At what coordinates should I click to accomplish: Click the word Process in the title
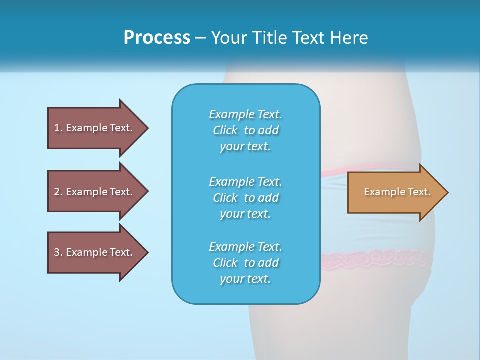coord(157,38)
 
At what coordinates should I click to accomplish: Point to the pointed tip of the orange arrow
coord(447,192)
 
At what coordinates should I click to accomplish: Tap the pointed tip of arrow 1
coord(147,128)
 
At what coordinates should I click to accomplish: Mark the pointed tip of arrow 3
coord(147,252)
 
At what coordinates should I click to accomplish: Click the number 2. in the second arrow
coord(58,192)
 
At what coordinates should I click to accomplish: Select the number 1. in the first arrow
coord(58,128)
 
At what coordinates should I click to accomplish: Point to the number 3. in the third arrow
coord(58,252)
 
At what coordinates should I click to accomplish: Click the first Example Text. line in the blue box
coord(245,114)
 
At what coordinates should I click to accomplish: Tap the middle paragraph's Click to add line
coord(245,198)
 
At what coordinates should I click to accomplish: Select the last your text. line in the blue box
coord(245,279)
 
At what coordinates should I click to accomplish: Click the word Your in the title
coord(228,38)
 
